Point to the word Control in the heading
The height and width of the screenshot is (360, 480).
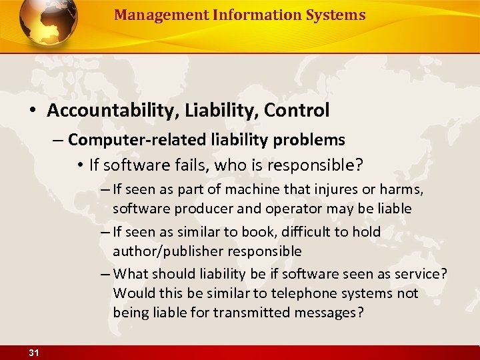297,110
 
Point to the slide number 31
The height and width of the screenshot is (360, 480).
35,353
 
